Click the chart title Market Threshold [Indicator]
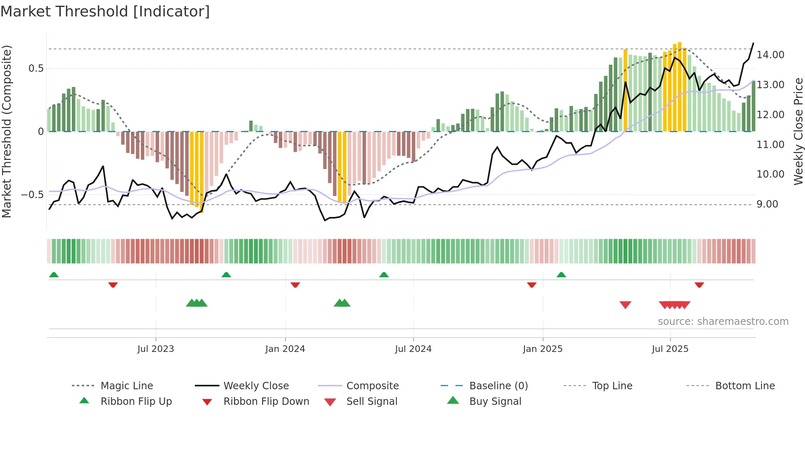[x=105, y=11]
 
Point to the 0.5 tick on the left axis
[x=36, y=68]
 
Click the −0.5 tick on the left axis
[x=32, y=195]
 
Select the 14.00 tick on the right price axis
[x=770, y=55]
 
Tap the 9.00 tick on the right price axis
[x=767, y=204]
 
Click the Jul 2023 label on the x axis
[x=156, y=349]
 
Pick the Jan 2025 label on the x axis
[x=543, y=349]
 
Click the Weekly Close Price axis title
[x=798, y=131]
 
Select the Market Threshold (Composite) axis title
[x=7, y=131]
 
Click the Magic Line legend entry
[x=126, y=386]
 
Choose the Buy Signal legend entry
[x=495, y=402]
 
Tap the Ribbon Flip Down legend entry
[x=266, y=402]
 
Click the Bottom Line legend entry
[x=745, y=386]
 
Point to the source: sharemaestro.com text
[x=723, y=322]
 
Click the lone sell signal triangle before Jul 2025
[x=625, y=305]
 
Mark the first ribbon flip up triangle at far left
[x=54, y=275]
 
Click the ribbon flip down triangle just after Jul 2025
[x=699, y=285]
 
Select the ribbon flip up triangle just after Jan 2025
[x=561, y=275]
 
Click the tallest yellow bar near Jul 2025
[x=680, y=86]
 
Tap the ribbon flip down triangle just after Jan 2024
[x=295, y=285]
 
